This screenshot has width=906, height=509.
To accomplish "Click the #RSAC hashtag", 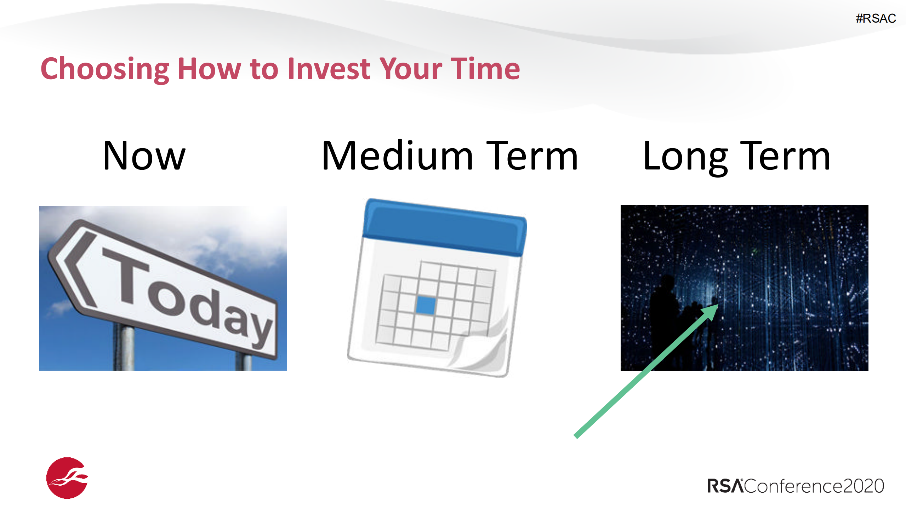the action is [876, 18].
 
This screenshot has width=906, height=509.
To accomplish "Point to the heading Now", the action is [144, 156].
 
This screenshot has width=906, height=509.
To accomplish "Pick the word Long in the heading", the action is [685, 158].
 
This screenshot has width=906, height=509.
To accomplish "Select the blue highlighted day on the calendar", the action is [425, 305].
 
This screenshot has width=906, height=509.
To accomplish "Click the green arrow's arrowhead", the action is [710, 312].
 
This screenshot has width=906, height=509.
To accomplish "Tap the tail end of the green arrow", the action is [576, 436].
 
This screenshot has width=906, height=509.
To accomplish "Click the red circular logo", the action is [67, 478].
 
